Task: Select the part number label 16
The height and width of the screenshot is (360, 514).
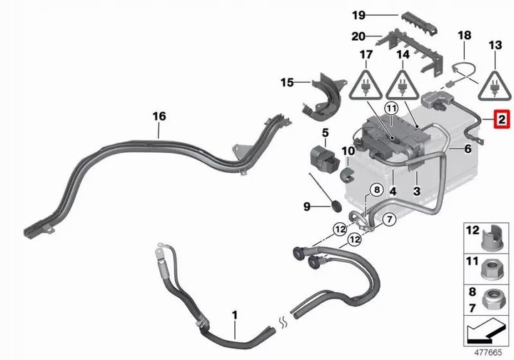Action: pos(158,115)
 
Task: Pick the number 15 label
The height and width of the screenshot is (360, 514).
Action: pos(287,83)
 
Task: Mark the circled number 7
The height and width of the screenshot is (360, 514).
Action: pos(388,220)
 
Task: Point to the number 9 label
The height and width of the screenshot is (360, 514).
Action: pos(307,206)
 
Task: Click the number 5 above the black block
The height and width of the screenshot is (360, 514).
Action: pos(324,132)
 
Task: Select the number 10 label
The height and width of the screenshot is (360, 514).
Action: pos(348,151)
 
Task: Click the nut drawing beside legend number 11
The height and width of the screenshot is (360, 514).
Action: pos(493,269)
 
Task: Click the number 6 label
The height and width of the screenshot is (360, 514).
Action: pos(468,149)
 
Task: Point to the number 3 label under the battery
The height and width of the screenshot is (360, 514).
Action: pos(418,191)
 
